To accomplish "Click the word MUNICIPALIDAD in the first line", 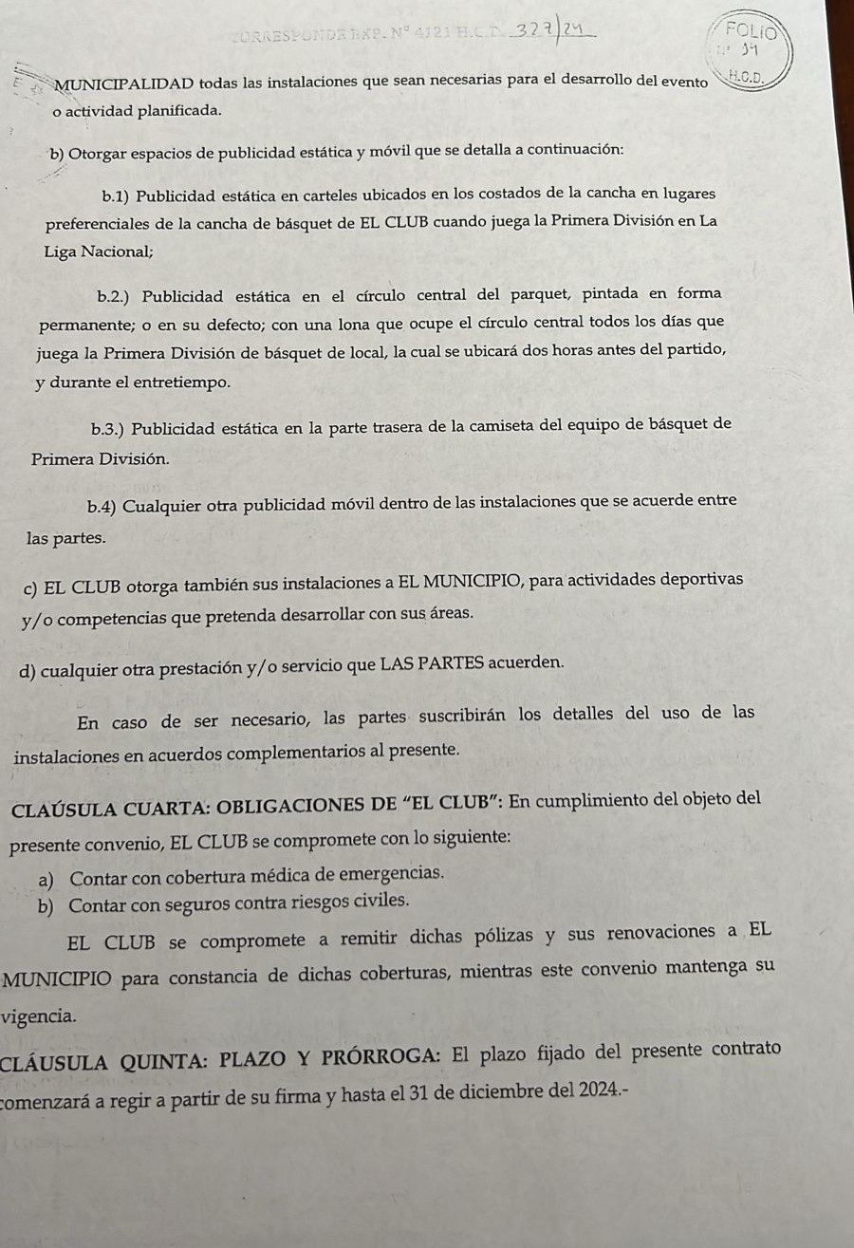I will pos(125,84).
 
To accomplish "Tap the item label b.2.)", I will pos(114,293).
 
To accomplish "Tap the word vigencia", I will pos(38,1015).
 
